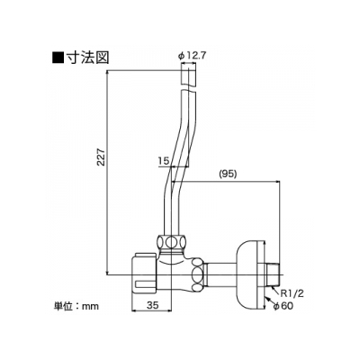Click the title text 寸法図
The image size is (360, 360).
tap(87, 57)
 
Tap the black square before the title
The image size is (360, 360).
tap(58, 58)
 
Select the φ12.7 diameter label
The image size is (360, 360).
tap(192, 56)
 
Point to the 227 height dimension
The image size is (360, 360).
tap(101, 157)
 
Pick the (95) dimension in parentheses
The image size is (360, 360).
tap(228, 174)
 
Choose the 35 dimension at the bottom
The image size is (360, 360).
tap(152, 305)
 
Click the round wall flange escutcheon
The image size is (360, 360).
tap(250, 274)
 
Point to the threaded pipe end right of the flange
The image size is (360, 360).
tap(273, 274)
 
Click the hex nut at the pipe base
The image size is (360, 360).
tap(172, 242)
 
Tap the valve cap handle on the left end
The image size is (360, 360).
tap(144, 274)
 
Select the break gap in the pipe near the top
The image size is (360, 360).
tap(189, 89)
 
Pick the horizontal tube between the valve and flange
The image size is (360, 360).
tap(221, 274)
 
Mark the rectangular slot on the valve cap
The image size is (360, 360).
tap(145, 283)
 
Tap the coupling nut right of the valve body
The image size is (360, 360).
tap(197, 274)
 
